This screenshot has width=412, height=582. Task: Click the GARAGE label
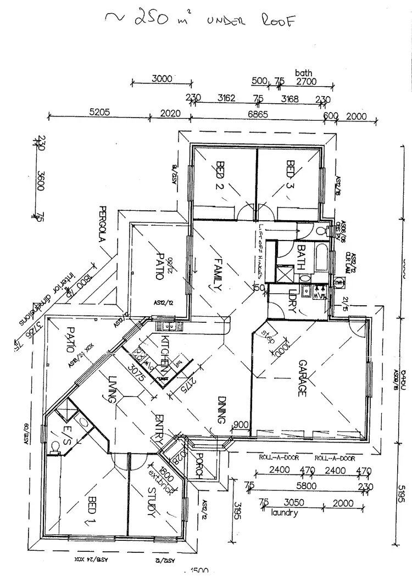302,378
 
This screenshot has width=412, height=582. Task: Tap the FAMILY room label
217,274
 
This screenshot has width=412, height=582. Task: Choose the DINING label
221,410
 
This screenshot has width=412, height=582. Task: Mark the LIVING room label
114,389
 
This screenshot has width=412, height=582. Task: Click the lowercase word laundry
284,513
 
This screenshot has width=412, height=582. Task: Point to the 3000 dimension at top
162,79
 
